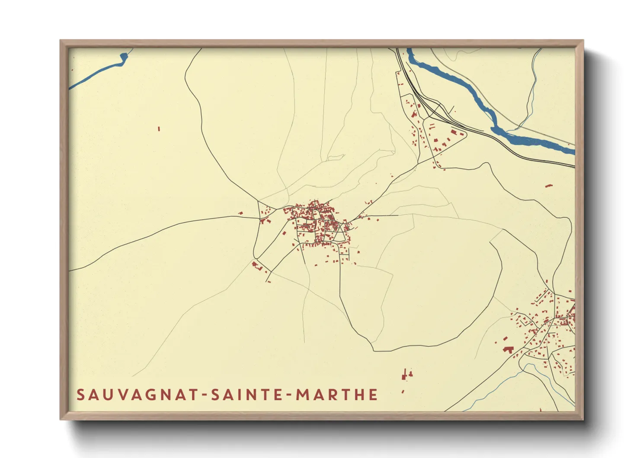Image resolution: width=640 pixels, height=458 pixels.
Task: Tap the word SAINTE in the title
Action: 247,395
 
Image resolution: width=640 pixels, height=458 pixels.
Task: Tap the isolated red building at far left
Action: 159,129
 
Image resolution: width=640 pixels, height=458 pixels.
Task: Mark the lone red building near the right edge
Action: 549,185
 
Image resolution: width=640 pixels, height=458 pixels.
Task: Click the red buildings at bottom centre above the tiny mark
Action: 406,374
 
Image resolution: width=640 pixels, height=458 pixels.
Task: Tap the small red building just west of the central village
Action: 241,213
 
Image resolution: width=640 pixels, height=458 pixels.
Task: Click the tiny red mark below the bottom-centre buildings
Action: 403,391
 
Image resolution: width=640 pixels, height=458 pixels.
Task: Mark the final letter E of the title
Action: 373,395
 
